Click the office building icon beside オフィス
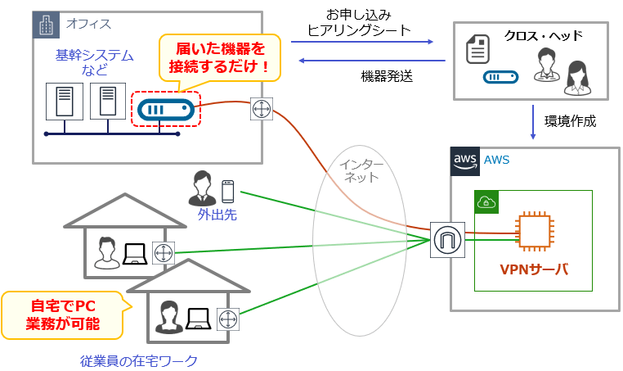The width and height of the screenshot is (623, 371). (x=45, y=25)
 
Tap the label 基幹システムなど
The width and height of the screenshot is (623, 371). (x=83, y=62)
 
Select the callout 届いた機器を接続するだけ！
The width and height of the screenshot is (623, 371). (x=219, y=57)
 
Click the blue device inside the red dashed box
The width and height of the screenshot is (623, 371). (x=166, y=109)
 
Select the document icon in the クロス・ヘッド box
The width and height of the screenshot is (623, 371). (x=477, y=49)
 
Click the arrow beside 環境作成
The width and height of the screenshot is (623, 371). (x=532, y=120)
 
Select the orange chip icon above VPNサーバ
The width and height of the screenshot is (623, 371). (x=534, y=233)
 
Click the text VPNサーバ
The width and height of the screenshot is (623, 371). (x=533, y=269)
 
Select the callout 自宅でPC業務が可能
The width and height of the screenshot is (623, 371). (x=63, y=314)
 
